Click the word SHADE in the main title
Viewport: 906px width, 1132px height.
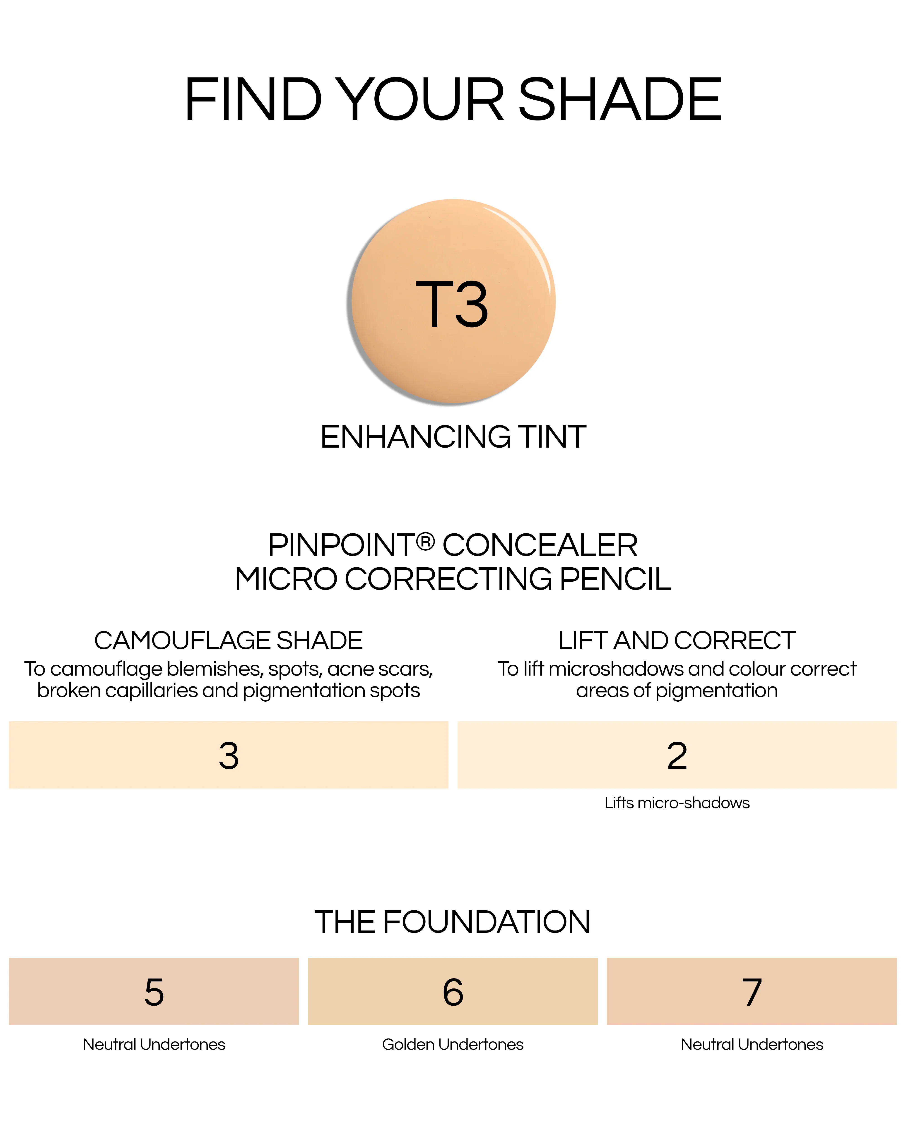[x=620, y=99]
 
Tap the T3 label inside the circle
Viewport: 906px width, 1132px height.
[x=452, y=304]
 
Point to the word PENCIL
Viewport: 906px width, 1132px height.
[x=616, y=579]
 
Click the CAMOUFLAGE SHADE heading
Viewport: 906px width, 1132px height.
[x=229, y=640]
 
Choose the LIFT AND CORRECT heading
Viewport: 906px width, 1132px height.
[x=677, y=640]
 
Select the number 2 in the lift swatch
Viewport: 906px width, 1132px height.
[x=677, y=756]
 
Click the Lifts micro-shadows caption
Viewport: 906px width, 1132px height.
[x=677, y=803]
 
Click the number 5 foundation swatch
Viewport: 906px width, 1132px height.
[x=154, y=991]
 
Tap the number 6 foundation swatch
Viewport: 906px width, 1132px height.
[x=453, y=991]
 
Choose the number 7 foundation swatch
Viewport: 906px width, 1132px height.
[x=752, y=991]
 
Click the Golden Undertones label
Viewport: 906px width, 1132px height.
[x=453, y=1044]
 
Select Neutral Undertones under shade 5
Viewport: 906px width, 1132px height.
[x=154, y=1044]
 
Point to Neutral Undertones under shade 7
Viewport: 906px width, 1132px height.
[x=752, y=1044]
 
